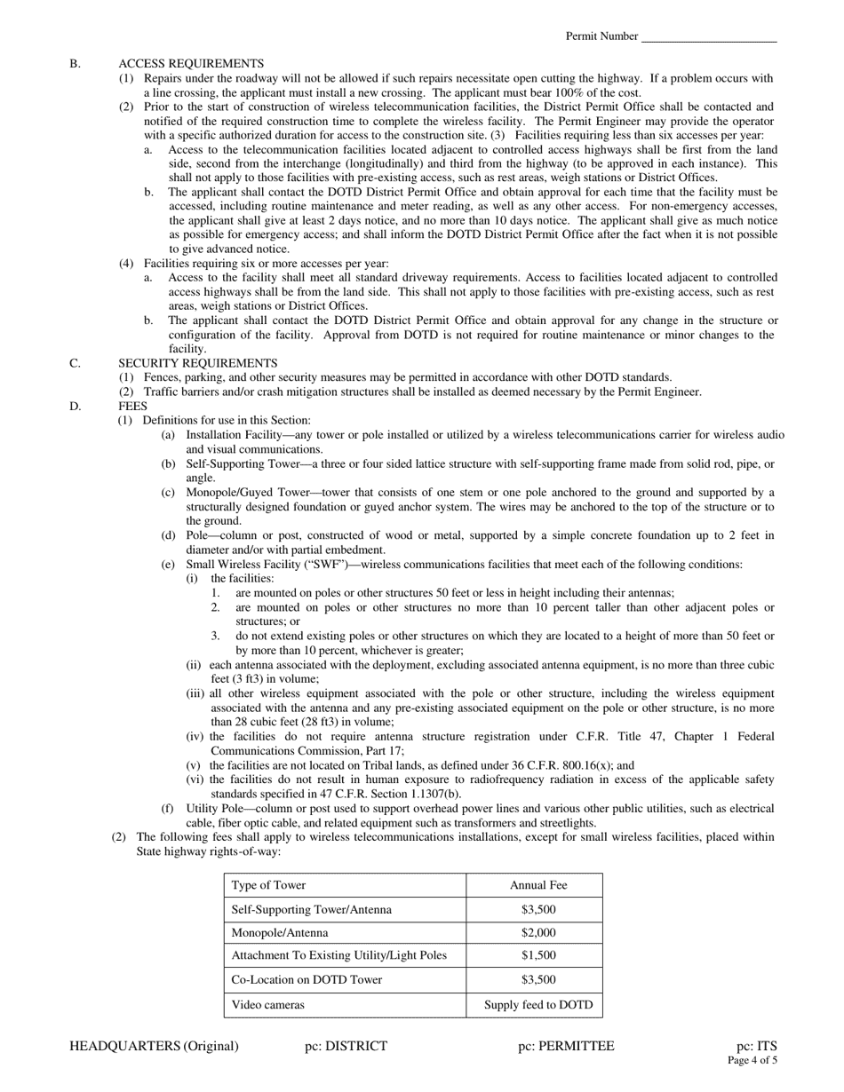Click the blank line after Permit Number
point(708,37)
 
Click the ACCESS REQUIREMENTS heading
point(190,64)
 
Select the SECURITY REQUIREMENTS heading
point(197,363)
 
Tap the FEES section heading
point(132,406)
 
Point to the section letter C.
point(75,363)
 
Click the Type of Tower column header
point(268,886)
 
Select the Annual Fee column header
point(538,886)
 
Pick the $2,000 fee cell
point(538,933)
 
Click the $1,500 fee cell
point(538,956)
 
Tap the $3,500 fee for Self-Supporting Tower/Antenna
point(538,910)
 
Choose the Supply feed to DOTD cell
point(538,1005)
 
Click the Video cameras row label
point(267,1005)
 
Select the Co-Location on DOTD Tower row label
point(306,980)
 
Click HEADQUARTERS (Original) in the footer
point(154,1046)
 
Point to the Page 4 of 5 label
point(752,1060)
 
